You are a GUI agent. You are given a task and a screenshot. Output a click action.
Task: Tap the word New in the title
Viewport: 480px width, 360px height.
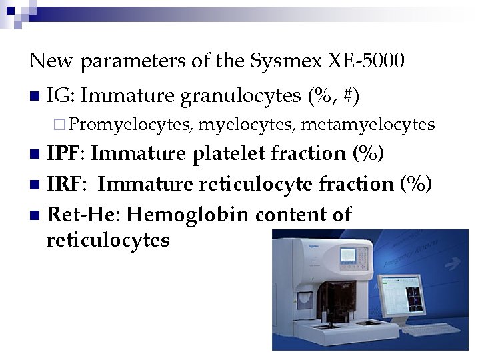[51, 62]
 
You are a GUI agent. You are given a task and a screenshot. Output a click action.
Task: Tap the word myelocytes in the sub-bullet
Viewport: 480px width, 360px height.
[247, 125]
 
